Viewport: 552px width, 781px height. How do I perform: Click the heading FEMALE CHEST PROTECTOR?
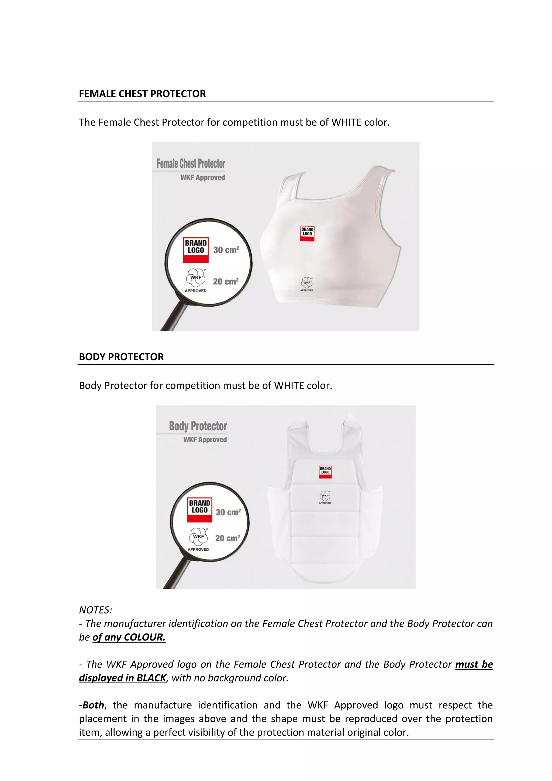pyautogui.click(x=142, y=94)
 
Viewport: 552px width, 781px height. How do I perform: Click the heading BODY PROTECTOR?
pyautogui.click(x=121, y=357)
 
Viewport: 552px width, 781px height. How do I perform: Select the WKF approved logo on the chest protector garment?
pyautogui.click(x=306, y=284)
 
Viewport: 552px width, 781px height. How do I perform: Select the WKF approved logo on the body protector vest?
pyautogui.click(x=325, y=497)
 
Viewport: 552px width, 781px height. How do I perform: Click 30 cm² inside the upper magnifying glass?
pyautogui.click(x=226, y=250)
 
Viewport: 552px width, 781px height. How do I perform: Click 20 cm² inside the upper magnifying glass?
pyautogui.click(x=226, y=282)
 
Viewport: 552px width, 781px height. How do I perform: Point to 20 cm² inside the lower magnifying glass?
pyautogui.click(x=227, y=538)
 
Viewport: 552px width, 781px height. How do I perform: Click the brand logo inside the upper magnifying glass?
pyautogui.click(x=195, y=250)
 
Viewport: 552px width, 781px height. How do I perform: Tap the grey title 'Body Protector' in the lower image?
pyautogui.click(x=198, y=426)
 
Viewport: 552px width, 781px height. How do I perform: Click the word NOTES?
pyautogui.click(x=95, y=610)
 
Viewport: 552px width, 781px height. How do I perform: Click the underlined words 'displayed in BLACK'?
pyautogui.click(x=122, y=678)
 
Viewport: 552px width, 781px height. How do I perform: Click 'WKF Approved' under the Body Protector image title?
pyautogui.click(x=205, y=440)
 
